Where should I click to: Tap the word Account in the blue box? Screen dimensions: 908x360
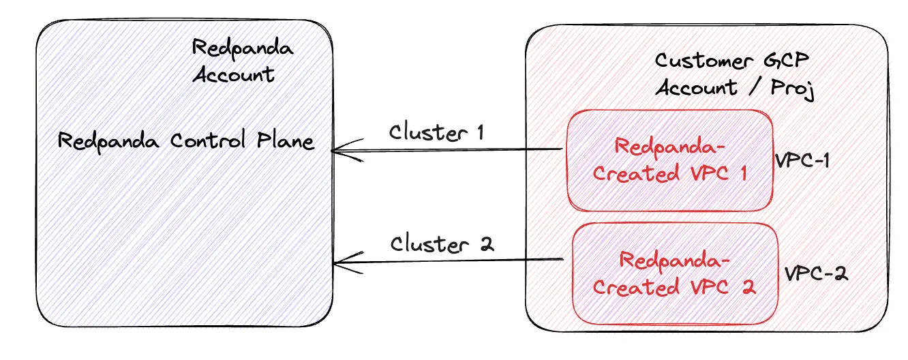pos(234,74)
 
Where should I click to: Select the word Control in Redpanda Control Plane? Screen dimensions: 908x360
pos(208,140)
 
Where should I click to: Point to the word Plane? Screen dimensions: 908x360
pos(286,140)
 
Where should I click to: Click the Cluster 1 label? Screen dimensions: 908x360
pos(436,132)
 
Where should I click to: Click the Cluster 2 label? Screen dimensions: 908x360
pos(442,243)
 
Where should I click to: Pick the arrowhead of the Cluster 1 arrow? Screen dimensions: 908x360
pos(333,151)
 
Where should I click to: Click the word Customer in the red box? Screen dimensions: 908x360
pos(704,61)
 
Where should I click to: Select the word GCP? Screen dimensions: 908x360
pos(787,60)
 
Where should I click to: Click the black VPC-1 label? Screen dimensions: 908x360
pos(802,160)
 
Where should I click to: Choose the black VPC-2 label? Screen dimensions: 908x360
pos(816,273)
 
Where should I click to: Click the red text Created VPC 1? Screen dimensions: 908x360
pos(669,173)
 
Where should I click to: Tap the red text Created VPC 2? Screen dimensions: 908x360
pos(674,286)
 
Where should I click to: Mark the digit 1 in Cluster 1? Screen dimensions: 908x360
pos(480,132)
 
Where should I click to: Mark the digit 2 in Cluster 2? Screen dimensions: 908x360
pos(487,244)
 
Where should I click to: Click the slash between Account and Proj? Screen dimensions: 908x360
pos(754,87)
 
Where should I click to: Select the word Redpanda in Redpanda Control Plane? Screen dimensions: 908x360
pos(108,142)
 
